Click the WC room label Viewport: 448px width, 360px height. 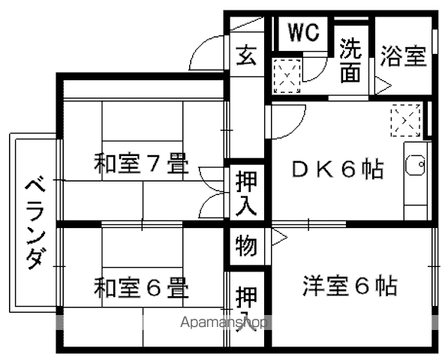tap(303, 32)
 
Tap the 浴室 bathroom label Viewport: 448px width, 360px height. tap(403, 56)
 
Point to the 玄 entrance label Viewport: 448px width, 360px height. tap(247, 55)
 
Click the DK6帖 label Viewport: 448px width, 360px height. tap(337, 169)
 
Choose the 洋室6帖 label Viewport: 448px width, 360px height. tap(350, 286)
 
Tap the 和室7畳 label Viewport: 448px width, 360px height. tap(141, 163)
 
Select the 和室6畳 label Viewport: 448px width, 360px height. tap(141, 287)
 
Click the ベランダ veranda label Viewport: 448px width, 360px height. tap(36, 224)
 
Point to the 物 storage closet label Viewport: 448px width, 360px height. tap(247, 246)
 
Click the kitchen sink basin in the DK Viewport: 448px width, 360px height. tap(415, 165)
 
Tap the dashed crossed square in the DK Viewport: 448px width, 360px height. tap(406, 121)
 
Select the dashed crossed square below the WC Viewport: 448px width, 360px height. tap(287, 76)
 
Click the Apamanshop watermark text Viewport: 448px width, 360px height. tap(224, 322)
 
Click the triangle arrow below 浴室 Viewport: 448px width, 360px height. tap(383, 85)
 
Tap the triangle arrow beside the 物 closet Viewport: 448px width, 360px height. tap(279, 237)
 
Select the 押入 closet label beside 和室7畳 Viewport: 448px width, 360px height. tap(247, 193)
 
